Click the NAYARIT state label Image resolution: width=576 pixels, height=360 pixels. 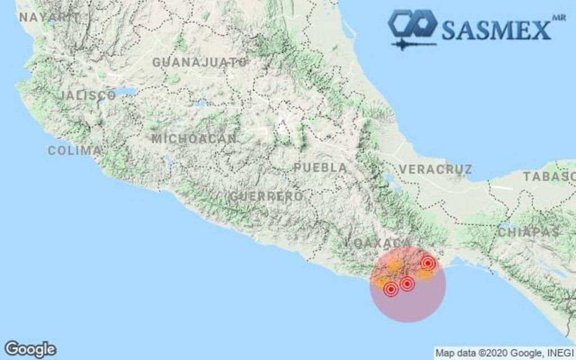point(49,17)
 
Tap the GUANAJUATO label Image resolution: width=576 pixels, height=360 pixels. point(200,62)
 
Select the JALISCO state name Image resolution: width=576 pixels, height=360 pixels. point(88,95)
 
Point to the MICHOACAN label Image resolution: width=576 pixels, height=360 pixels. point(194,138)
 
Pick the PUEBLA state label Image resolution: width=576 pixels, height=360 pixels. point(321,168)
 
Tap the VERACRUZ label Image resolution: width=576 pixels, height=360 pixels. point(436,169)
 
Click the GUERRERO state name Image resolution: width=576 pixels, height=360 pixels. point(266,196)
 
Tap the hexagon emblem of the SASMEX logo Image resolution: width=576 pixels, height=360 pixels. point(413,25)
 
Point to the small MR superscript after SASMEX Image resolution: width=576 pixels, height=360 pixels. point(559,17)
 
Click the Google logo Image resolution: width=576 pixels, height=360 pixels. point(30,349)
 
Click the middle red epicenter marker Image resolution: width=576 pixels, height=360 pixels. point(407,283)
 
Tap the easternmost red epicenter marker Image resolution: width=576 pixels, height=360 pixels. point(427,263)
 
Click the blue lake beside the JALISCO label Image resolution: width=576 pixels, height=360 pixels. point(128,92)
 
